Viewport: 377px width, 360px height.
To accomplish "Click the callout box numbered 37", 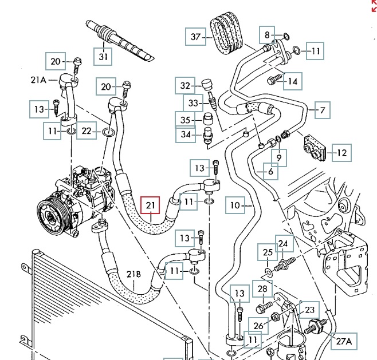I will pos(195,37).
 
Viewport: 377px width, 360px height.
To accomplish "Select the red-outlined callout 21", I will pos(151,205).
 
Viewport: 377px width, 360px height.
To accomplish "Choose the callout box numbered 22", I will pos(86,132).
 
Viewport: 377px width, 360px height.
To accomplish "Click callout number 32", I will pos(184,86).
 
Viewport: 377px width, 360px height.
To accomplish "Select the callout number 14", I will pos(292,82).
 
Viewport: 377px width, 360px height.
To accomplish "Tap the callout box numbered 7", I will pos(322,110).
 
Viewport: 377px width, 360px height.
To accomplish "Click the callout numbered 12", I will pos(342,153).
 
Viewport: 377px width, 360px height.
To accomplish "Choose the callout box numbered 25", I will pos(268,251).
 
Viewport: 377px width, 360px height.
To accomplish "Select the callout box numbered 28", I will pos(262,289).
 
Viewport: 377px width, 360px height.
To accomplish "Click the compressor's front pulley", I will pos(49,214).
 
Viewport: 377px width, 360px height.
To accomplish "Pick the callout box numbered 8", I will pos(266,35).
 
